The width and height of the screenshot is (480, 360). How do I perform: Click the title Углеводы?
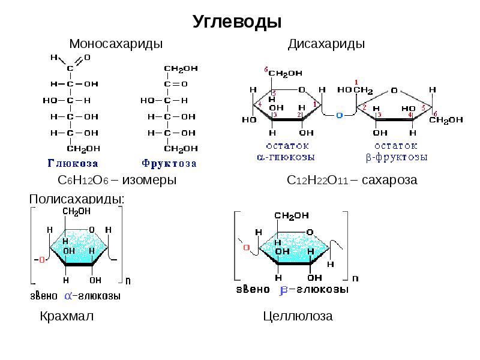point(237,22)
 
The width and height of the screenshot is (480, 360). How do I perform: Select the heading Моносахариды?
point(116,44)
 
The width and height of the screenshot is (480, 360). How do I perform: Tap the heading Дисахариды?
point(326,44)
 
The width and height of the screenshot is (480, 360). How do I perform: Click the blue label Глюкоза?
point(73,163)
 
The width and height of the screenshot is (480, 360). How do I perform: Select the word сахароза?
point(389,180)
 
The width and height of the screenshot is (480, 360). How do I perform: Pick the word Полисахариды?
point(77,199)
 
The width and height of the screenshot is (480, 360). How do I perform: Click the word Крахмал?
point(67,316)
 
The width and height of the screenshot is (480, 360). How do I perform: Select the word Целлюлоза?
point(298,316)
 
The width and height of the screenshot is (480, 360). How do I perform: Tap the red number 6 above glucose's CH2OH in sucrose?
point(266,69)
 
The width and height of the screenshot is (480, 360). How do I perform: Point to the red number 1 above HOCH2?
point(356,82)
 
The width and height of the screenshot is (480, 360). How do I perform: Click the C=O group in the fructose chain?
point(176,84)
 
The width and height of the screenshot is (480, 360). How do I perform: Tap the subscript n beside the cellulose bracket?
point(355,278)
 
